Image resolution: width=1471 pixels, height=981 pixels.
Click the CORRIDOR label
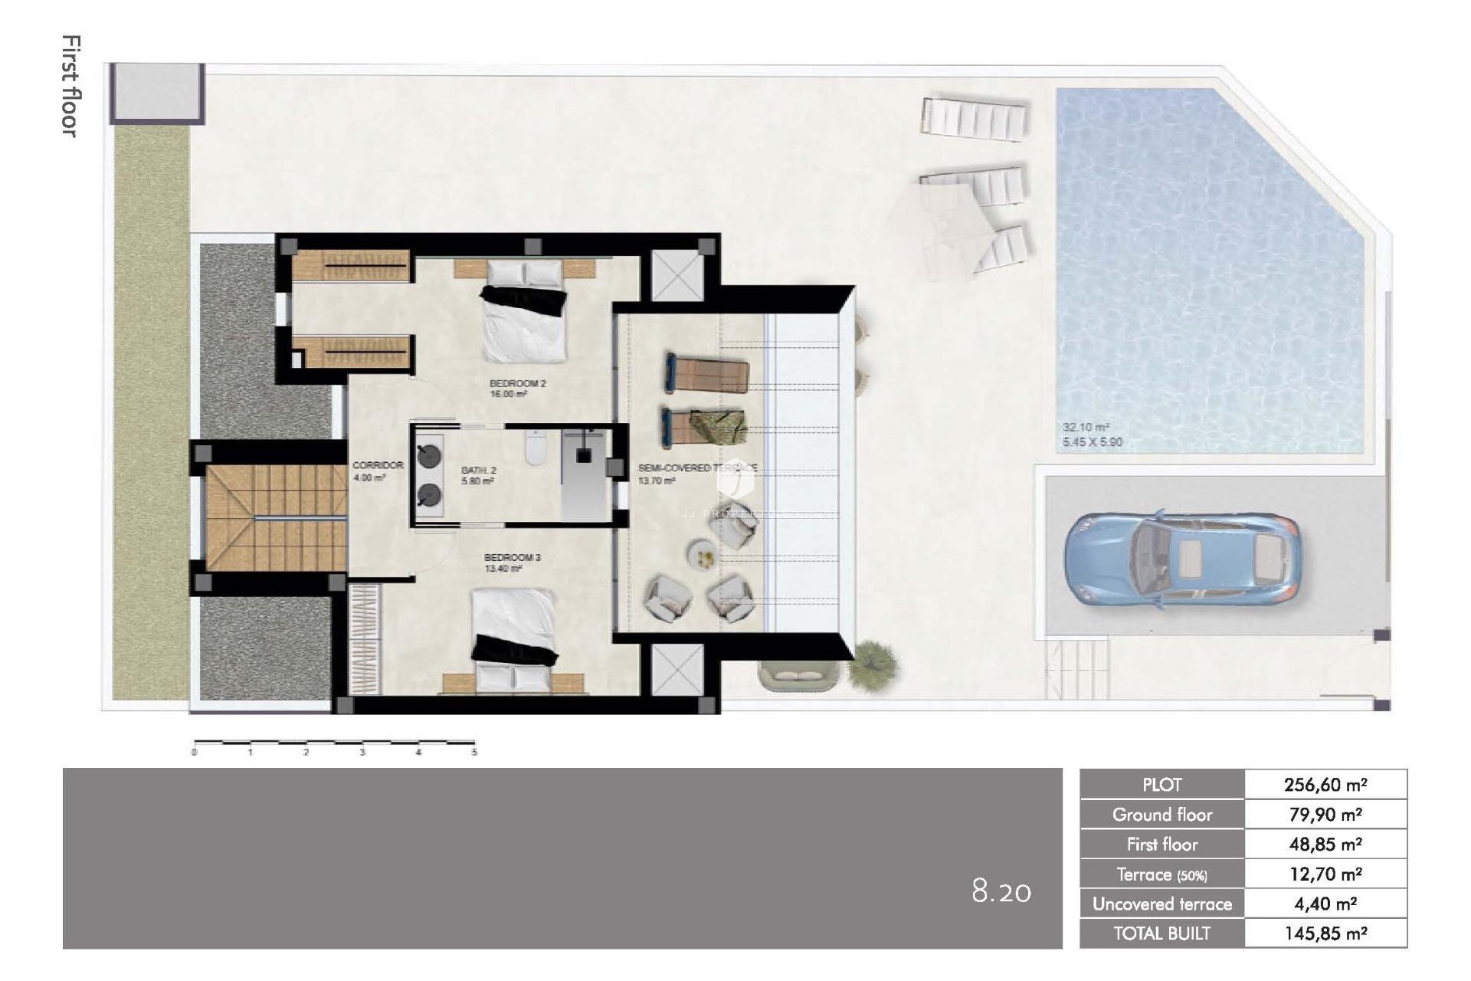377,465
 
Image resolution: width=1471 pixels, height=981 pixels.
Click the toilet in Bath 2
534,449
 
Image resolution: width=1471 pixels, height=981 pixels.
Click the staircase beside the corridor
276,517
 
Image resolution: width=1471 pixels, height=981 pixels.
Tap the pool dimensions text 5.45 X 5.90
1092,442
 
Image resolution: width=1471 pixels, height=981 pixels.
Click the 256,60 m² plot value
1325,785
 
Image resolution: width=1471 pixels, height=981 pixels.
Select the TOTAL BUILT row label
1161,933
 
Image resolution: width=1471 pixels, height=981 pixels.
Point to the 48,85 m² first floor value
1325,845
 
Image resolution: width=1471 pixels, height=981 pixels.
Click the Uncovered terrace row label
1161,904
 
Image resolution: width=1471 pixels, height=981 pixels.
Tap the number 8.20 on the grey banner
1001,891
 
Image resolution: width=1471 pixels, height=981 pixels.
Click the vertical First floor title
70,86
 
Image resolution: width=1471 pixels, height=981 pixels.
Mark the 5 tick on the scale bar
474,752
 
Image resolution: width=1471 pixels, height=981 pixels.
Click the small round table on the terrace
703,555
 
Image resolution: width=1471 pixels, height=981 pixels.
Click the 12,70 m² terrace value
1325,874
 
